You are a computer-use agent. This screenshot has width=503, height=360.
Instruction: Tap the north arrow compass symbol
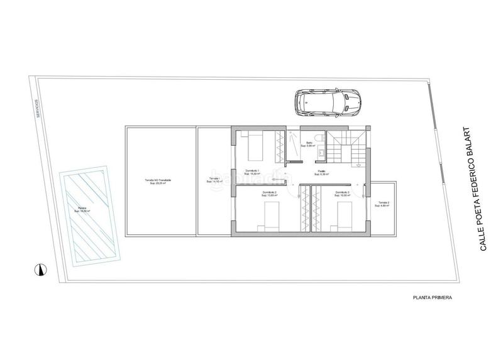point(40,269)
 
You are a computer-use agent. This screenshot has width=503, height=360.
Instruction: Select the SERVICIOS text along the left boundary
point(38,109)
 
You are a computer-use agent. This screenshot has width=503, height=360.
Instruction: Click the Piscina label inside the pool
point(82,210)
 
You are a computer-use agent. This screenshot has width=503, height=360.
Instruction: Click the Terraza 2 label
point(384,204)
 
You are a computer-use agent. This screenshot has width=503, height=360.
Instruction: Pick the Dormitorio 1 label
point(253,172)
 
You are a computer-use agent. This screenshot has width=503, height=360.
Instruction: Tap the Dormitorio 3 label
point(343,194)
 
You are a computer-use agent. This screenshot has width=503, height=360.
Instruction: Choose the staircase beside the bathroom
point(346,148)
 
